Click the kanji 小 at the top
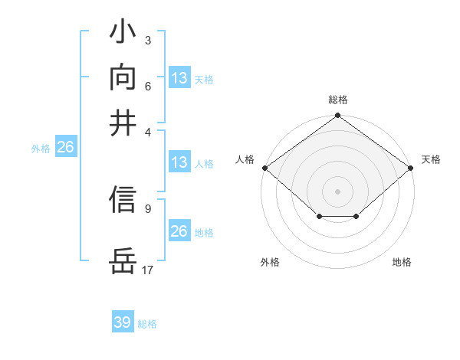[123, 34]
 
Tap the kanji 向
[123, 77]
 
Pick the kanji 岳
[123, 261]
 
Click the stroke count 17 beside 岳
[148, 270]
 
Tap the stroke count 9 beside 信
[147, 208]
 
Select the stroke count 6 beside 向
[147, 86]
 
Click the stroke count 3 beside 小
[147, 40]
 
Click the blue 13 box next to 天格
[179, 78]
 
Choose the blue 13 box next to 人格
[179, 162]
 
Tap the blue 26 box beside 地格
[179, 231]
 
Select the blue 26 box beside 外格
[65, 148]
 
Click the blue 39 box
[123, 322]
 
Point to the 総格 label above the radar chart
[337, 100]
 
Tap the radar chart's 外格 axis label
[270, 263]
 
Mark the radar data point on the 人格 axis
[264, 168]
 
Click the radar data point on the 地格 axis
[356, 218]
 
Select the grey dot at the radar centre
[337, 191]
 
